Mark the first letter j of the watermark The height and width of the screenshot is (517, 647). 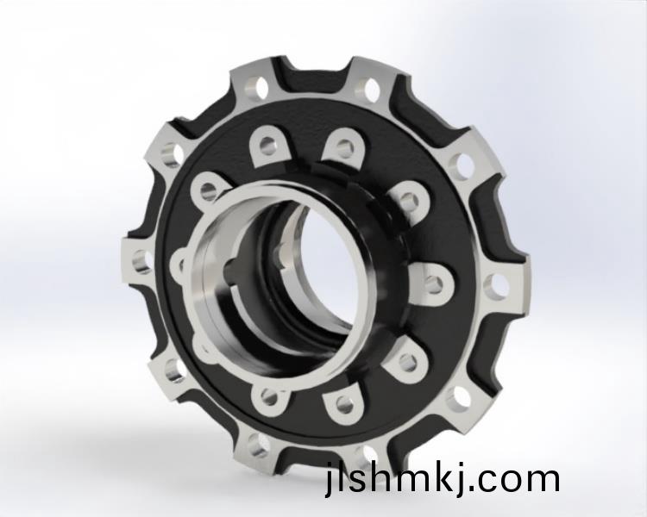coord(329,479)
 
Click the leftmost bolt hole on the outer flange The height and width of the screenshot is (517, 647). coord(141,262)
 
